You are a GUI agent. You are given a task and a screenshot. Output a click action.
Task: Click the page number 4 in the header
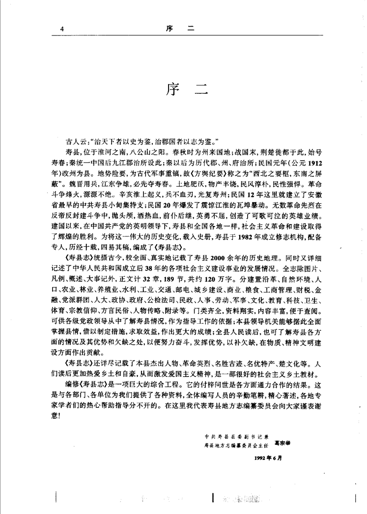coord(62,28)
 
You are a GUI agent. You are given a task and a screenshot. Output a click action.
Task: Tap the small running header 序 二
coord(181,28)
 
